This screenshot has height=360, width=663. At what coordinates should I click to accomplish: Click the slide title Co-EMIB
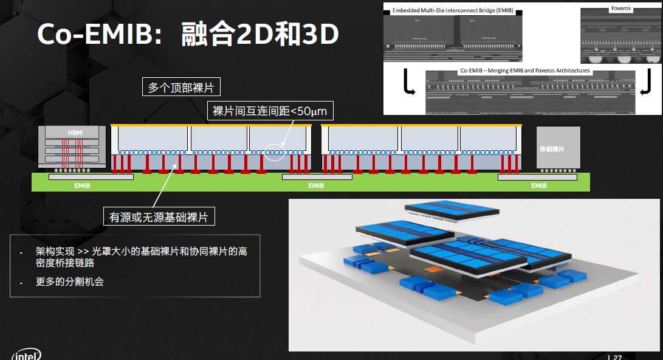tap(187, 35)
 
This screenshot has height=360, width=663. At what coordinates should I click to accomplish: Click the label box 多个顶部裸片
tap(181, 87)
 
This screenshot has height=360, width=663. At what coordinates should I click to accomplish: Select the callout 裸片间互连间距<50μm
tap(272, 111)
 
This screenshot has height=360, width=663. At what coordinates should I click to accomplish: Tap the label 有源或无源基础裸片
tap(159, 216)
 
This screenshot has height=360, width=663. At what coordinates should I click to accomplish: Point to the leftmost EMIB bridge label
tap(82, 185)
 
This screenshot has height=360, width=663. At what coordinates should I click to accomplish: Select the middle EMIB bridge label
tap(316, 185)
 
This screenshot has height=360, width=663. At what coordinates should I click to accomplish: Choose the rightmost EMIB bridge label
tap(538, 185)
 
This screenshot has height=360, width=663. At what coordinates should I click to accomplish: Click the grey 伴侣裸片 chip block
tap(557, 147)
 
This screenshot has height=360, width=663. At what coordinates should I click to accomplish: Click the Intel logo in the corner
tap(26, 355)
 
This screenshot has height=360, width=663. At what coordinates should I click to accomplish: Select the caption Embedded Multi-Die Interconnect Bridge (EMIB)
tap(452, 10)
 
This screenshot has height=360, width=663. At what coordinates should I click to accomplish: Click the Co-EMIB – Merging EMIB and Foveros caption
tap(525, 71)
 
